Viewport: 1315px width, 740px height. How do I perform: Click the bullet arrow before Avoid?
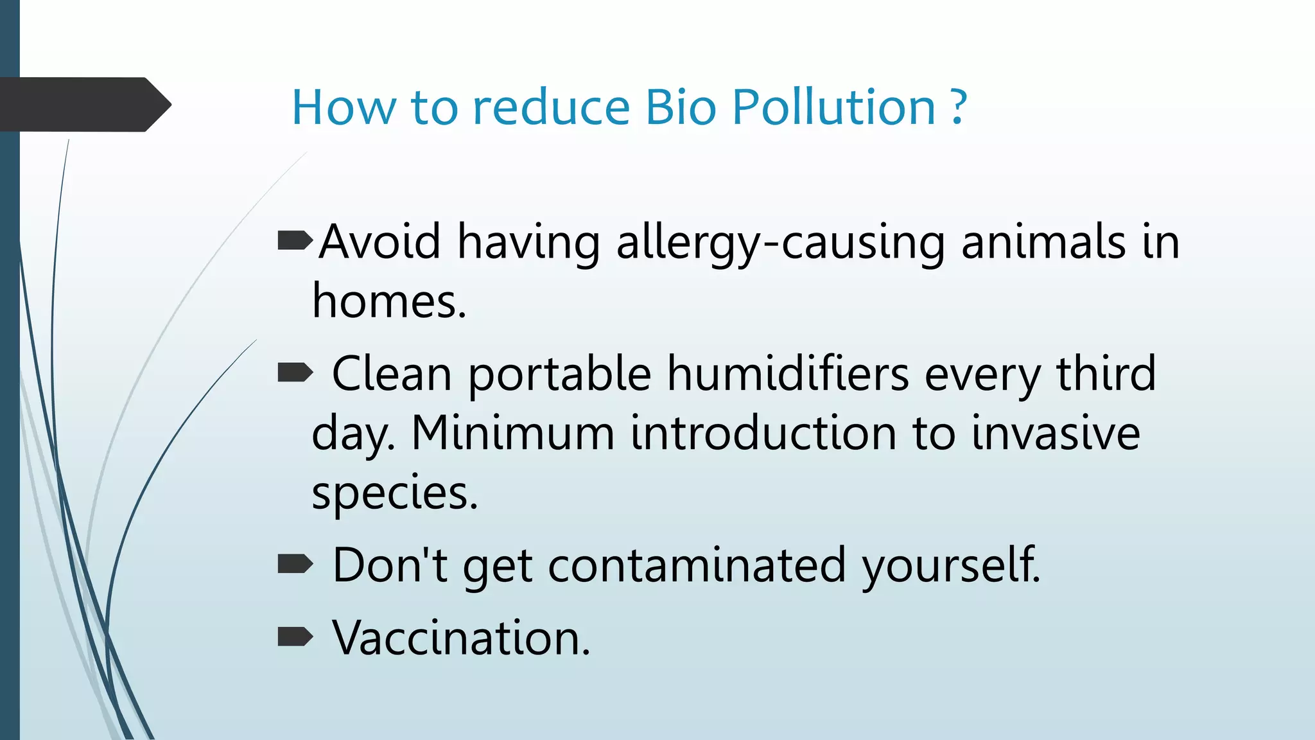click(295, 241)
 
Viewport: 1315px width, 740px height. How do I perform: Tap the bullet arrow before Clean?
click(295, 372)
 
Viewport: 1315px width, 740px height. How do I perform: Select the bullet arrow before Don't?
click(295, 565)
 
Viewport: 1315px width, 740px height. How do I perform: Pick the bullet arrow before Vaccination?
click(295, 637)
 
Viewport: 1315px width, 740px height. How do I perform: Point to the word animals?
click(1043, 242)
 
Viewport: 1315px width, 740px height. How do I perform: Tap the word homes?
click(388, 302)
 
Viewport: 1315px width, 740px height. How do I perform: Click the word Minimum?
click(512, 433)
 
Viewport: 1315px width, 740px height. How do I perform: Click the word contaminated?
click(697, 565)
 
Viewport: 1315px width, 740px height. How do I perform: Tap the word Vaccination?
click(460, 638)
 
